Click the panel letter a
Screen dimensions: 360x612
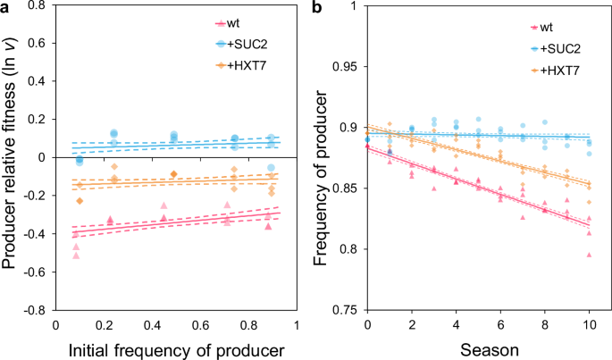click(x=6, y=9)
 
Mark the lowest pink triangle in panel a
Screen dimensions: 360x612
click(x=76, y=256)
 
